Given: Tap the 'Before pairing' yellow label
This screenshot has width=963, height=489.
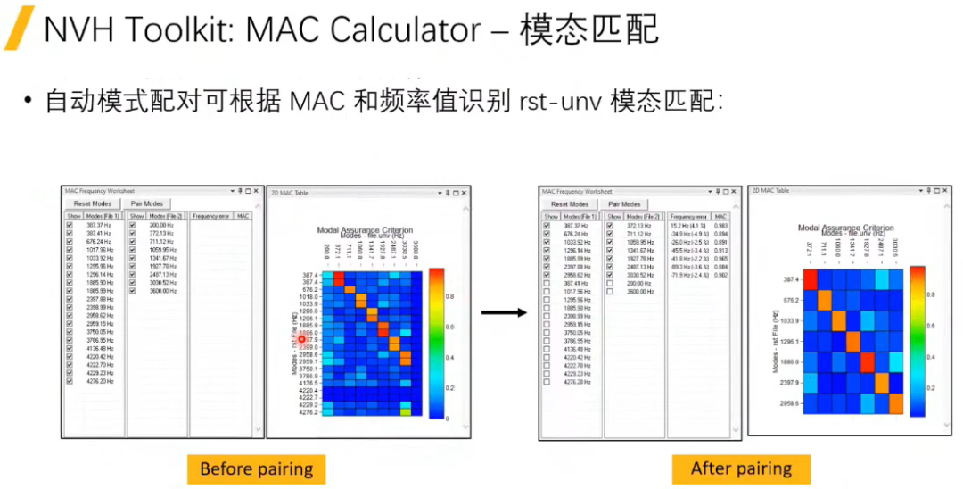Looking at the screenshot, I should coord(256,468).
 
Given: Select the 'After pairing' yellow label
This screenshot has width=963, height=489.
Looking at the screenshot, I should coord(741,468).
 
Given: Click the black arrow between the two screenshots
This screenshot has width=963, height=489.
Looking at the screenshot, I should coord(504,312).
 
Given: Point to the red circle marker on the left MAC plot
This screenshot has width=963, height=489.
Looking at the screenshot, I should coord(302,339).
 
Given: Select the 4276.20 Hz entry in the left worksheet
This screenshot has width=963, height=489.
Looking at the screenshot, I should coord(99,381).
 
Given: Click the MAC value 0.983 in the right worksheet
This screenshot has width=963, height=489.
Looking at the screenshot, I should coord(720,226).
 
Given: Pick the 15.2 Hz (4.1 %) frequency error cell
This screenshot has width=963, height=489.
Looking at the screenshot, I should coord(687,226).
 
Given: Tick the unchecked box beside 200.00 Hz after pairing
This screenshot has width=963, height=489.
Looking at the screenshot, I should coord(610,283).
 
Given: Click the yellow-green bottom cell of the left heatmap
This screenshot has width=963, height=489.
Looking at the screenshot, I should coord(406,411).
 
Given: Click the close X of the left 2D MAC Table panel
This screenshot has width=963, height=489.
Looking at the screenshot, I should coord(465,192).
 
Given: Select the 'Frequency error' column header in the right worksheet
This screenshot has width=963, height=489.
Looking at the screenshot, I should coord(688,216).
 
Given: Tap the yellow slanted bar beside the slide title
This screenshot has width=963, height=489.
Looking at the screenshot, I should coord(20,29).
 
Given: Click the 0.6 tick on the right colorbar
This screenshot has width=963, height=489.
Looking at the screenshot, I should coord(929,326).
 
